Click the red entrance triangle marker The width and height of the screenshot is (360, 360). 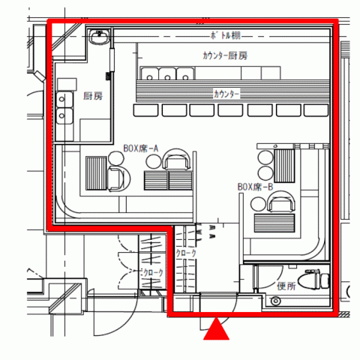point(216,329)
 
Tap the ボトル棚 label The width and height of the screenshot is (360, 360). point(226,35)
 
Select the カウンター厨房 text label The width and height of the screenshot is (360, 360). point(225,55)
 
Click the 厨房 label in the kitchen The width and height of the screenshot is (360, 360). point(93,96)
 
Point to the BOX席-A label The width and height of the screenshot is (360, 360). point(141,148)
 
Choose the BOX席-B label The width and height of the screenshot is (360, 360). point(255,187)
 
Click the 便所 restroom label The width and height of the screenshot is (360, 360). point(286,286)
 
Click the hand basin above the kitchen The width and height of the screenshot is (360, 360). point(100,36)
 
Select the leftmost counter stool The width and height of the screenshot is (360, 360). point(145,110)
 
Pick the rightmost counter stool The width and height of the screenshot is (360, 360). point(316,110)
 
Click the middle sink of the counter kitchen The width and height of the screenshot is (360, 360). point(167,73)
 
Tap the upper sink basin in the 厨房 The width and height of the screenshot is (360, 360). point(64,100)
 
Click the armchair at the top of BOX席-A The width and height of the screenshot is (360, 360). point(176,160)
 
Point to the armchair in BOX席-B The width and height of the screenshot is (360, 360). point(281,201)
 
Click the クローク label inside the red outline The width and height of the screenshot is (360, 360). point(186,253)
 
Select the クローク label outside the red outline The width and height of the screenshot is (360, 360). point(153,273)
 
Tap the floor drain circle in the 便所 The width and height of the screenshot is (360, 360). point(275,301)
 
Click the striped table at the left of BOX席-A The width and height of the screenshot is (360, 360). point(96,173)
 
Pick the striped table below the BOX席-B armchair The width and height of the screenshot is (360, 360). point(274,223)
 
